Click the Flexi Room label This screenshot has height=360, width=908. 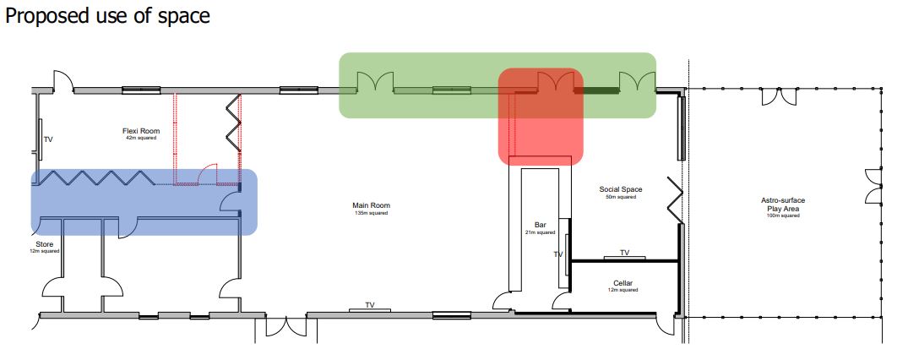141,132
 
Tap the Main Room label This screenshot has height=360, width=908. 371,205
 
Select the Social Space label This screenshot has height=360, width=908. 621,189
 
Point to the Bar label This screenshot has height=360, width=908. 541,225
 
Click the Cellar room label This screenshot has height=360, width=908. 623,283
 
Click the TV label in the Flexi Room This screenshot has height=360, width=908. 49,139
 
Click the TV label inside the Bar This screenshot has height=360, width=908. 558,254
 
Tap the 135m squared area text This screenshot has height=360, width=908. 371,213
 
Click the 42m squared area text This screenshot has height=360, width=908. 141,139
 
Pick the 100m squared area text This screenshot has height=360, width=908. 783,215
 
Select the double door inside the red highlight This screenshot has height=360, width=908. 556,81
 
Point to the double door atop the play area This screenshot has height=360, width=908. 779,96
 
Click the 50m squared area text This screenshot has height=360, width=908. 621,197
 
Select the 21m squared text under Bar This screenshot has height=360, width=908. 541,232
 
